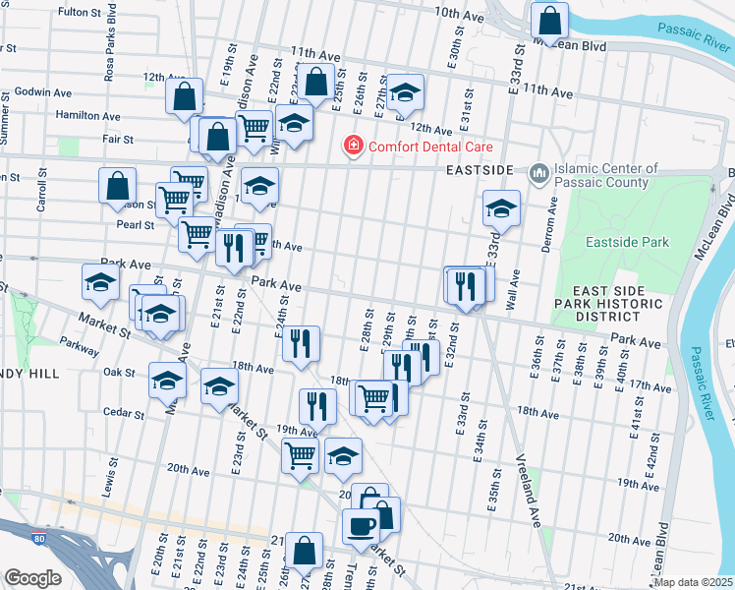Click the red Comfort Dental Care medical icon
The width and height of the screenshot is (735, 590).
pos(351,147)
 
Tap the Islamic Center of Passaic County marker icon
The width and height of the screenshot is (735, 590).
pos(538,174)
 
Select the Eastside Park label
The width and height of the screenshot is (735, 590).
pos(626,242)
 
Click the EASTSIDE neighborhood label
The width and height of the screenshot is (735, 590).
pos(478,170)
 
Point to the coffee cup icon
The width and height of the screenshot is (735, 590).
pos(361,526)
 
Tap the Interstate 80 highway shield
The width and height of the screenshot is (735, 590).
pos(38,539)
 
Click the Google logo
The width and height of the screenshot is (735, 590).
pos(32,577)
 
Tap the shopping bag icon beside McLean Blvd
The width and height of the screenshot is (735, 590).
pos(549,19)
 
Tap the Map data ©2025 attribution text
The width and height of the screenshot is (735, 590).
pos(693,582)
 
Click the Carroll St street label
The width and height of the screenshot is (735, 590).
pos(42,190)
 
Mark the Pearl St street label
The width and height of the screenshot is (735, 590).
pos(135,224)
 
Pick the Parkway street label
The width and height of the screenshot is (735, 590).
pos(79,344)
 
